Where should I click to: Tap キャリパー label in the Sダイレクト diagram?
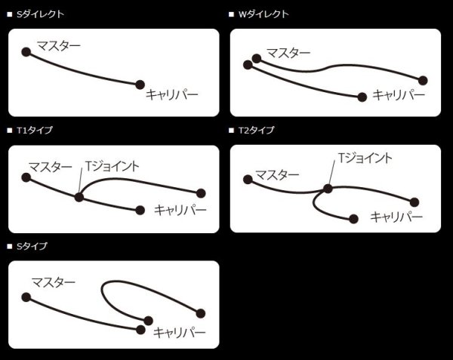pos(172,95)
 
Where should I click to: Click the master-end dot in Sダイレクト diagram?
pos(26,52)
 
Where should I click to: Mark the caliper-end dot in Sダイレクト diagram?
pos(140,84)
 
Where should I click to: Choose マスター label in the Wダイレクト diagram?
pos(287,52)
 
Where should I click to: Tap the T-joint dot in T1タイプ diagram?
pos(79,197)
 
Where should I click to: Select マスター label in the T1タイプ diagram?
pos(51,166)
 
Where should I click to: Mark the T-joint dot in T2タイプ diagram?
pos(328,188)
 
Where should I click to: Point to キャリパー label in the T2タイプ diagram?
pos(396,217)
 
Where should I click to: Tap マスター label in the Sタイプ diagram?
pos(53,282)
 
